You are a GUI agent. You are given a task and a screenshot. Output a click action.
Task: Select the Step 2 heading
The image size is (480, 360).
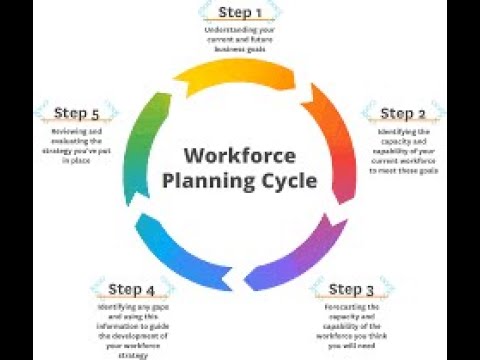click(404, 113)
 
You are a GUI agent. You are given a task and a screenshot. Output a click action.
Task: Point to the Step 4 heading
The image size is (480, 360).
click(132, 290)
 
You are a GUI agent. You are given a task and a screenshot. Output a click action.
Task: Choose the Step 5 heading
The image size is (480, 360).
click(77, 113)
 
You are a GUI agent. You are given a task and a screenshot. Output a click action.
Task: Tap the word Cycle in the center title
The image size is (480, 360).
click(289, 181)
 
